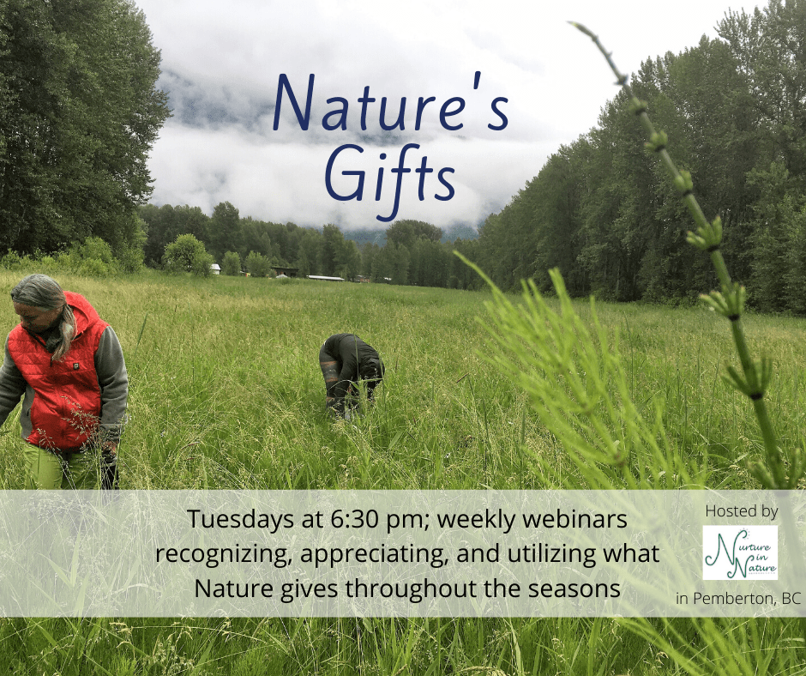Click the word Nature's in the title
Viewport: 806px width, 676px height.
391,102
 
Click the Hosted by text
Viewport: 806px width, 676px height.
741,510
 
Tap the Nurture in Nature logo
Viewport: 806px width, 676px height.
740,552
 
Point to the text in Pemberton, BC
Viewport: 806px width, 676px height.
738,598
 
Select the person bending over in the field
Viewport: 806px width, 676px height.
351,373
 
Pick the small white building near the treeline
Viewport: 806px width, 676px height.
215,269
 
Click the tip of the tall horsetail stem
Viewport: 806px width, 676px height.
572,23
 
